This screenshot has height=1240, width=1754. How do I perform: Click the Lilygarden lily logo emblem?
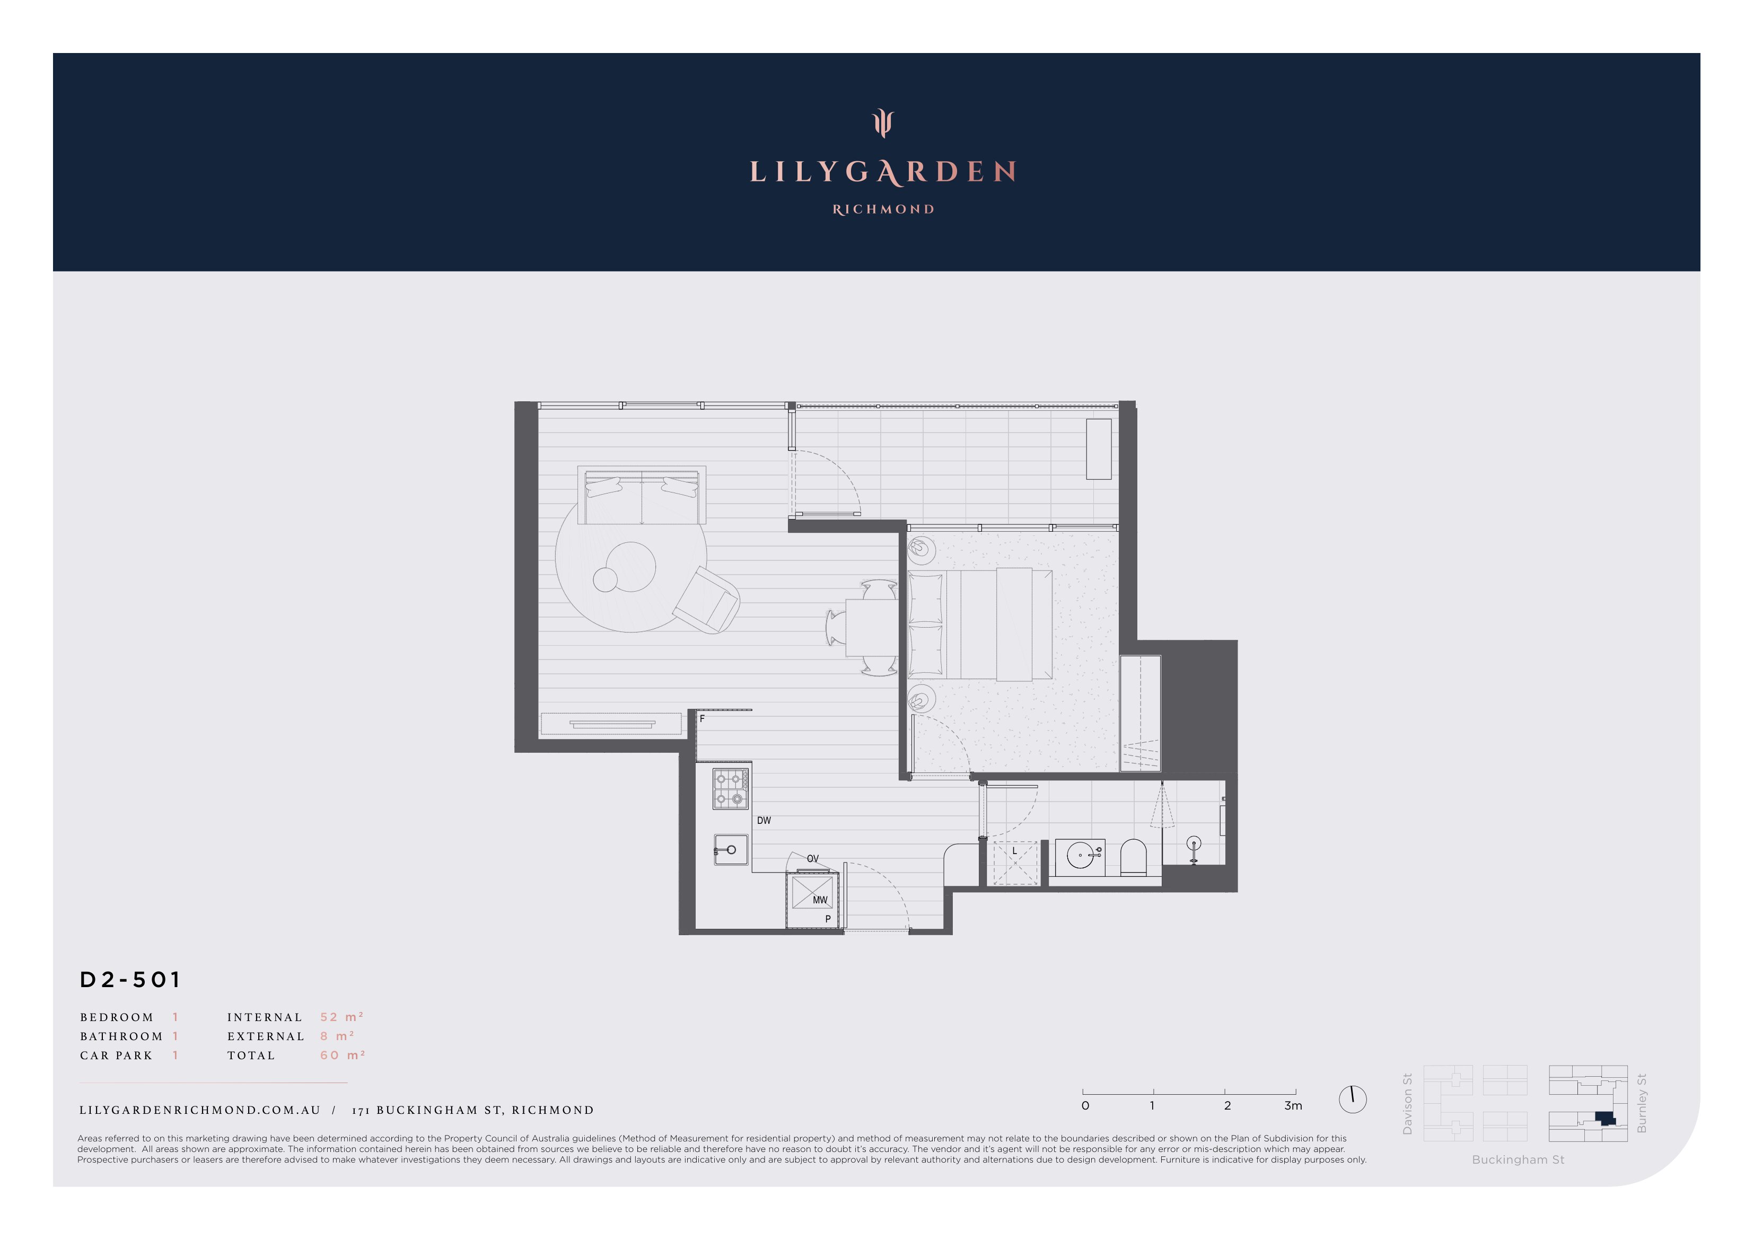(882, 123)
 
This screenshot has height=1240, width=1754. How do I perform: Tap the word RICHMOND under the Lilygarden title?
(883, 209)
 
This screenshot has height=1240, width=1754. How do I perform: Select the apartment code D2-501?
(130, 980)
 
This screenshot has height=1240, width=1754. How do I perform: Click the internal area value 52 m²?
(341, 1017)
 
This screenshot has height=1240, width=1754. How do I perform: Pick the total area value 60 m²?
(342, 1055)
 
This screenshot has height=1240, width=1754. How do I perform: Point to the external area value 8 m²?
(337, 1036)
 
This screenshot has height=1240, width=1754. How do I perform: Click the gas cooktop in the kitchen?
(730, 788)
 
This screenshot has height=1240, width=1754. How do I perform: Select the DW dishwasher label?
(764, 821)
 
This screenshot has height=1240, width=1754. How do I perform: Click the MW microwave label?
(820, 900)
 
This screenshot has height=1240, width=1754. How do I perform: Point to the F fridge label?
(702, 719)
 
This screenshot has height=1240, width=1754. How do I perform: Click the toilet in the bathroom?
(1133, 858)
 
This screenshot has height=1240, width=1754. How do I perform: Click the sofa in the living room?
(642, 495)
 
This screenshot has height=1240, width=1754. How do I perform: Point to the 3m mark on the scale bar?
(1293, 1105)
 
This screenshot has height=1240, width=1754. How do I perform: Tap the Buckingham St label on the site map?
(1518, 1160)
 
